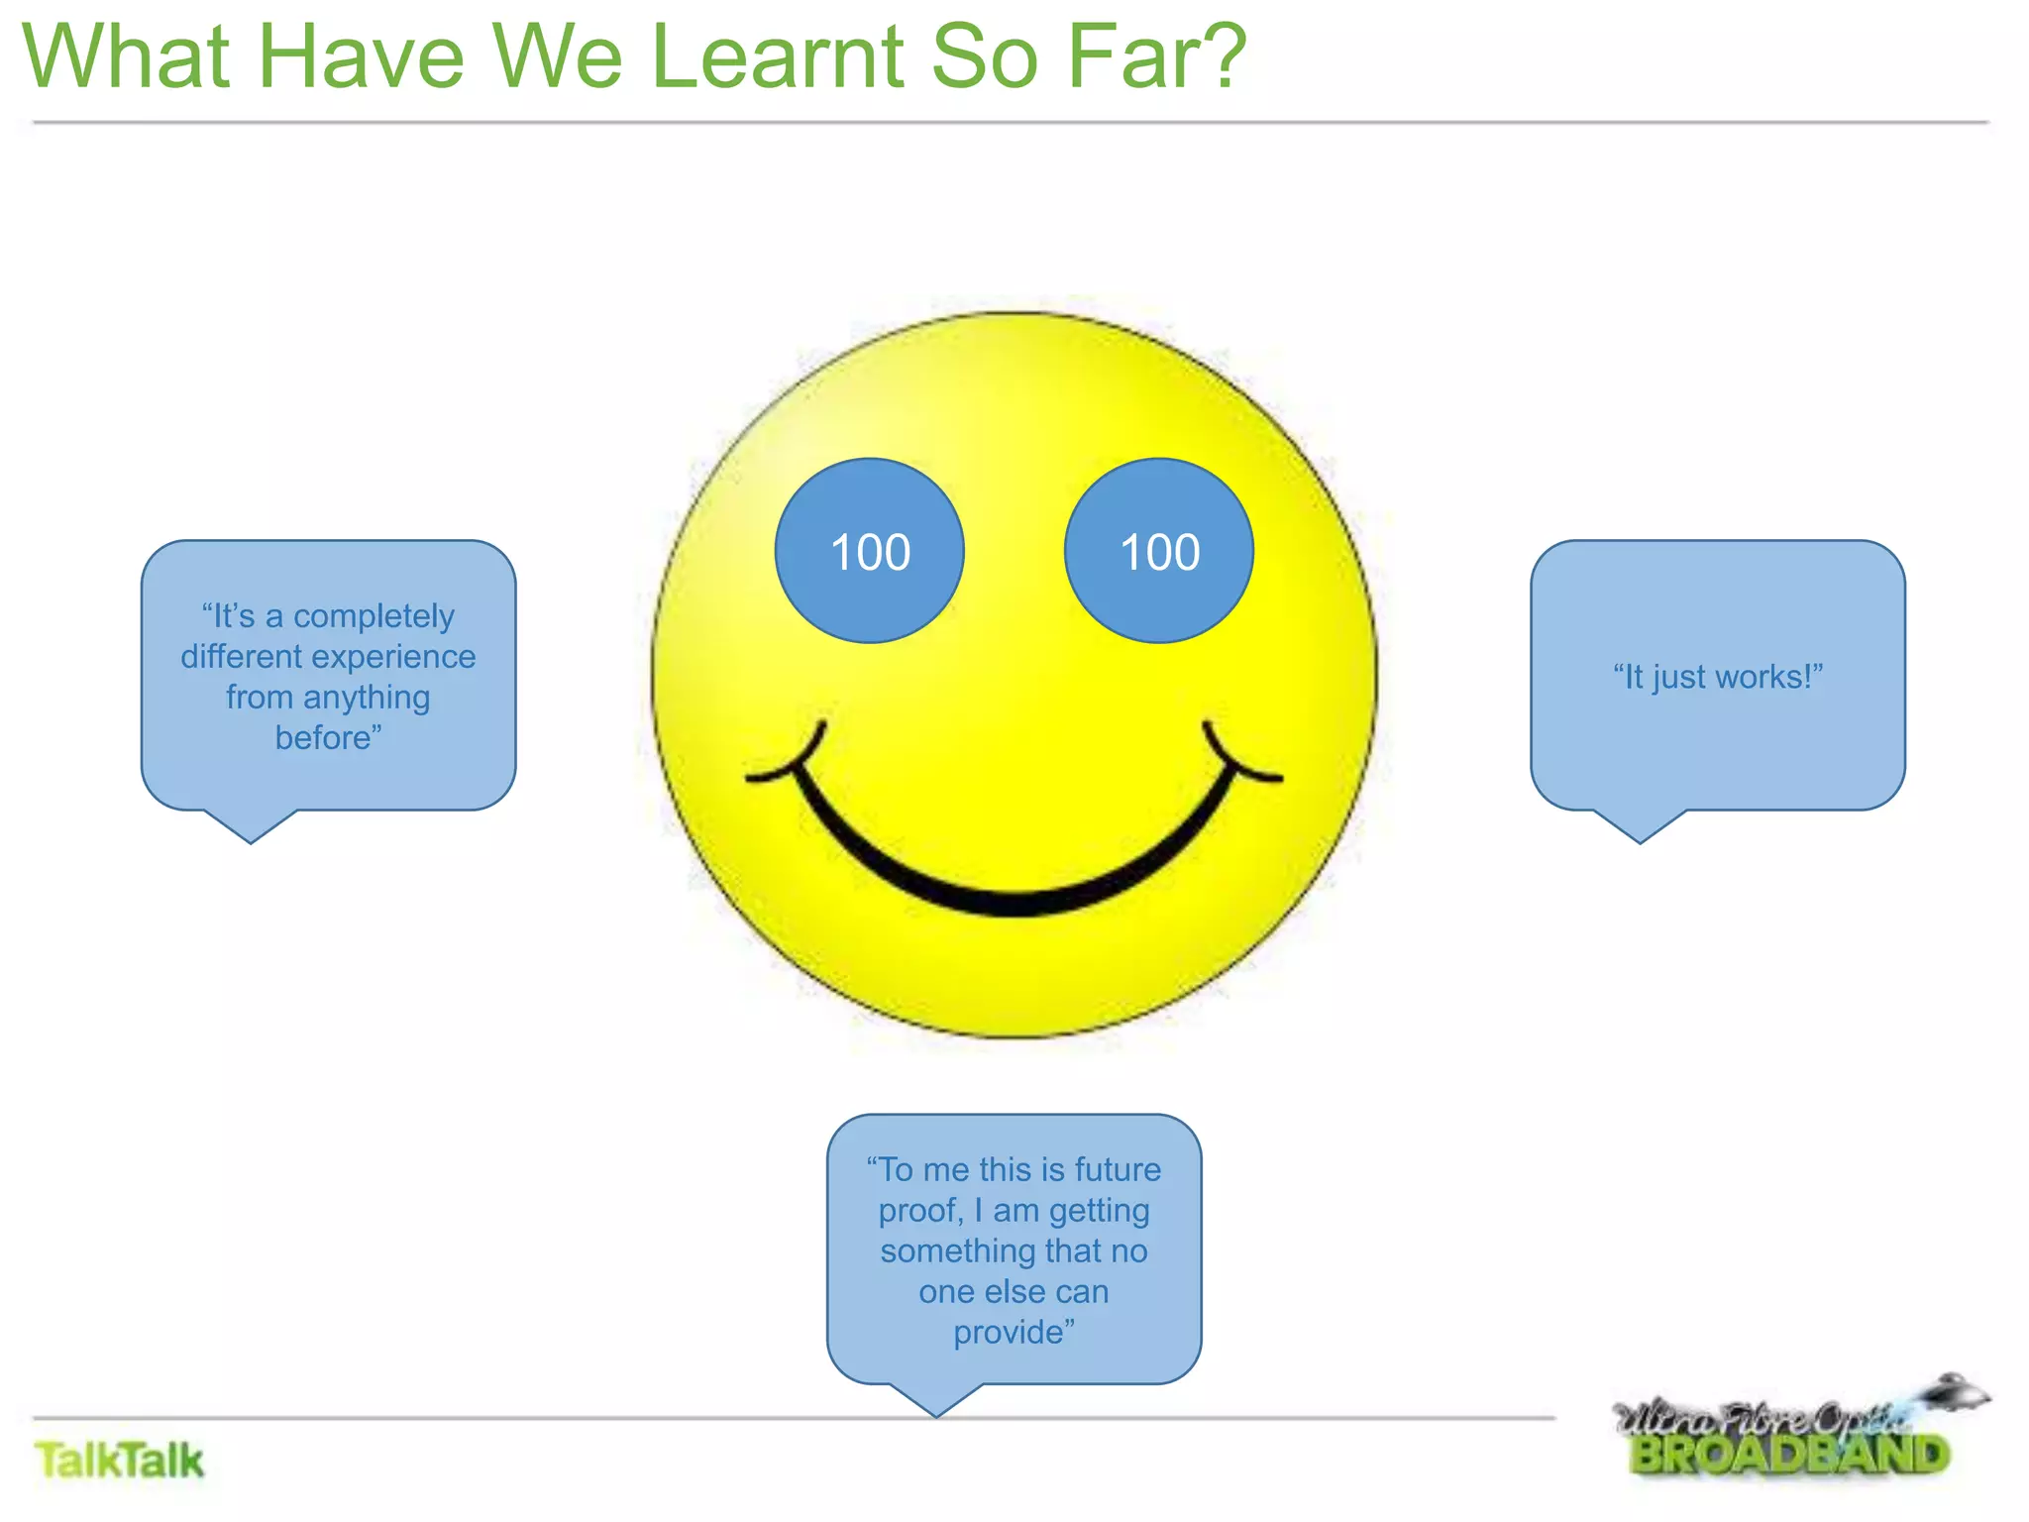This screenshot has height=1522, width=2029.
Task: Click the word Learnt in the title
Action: pyautogui.click(x=778, y=56)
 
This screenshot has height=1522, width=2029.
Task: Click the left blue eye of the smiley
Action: pyautogui.click(x=869, y=551)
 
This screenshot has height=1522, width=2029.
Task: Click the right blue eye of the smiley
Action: pyautogui.click(x=1158, y=551)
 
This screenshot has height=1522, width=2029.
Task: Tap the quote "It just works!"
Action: pyautogui.click(x=1717, y=677)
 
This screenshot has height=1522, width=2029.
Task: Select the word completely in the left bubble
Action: pyautogui.click(x=374, y=616)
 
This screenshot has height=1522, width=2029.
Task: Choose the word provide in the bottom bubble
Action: pyautogui.click(x=1010, y=1333)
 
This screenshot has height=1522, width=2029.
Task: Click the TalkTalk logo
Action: pyautogui.click(x=119, y=1461)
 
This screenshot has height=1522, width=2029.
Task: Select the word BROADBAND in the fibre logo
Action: pyautogui.click(x=1789, y=1456)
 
